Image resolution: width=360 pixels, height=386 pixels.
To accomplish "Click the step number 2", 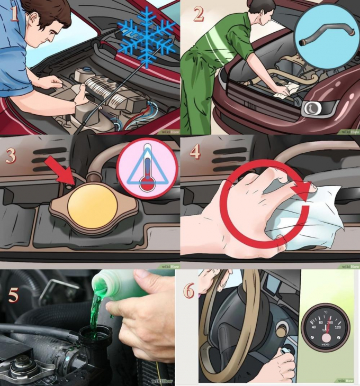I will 199,14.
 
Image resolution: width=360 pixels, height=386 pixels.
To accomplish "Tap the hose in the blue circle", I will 321,37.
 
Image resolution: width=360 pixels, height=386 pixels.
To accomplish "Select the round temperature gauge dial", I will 325,327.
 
